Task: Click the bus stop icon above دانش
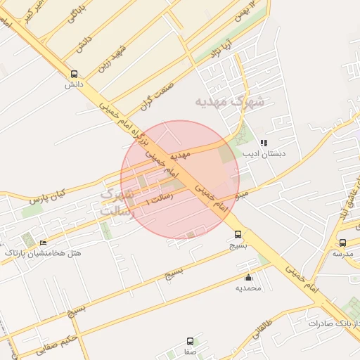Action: click(75, 74)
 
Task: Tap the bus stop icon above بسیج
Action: click(238, 235)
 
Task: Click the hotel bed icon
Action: click(44, 242)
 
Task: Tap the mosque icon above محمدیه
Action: click(248, 277)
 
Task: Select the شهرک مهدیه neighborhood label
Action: click(231, 102)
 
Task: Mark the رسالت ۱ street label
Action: click(157, 200)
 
